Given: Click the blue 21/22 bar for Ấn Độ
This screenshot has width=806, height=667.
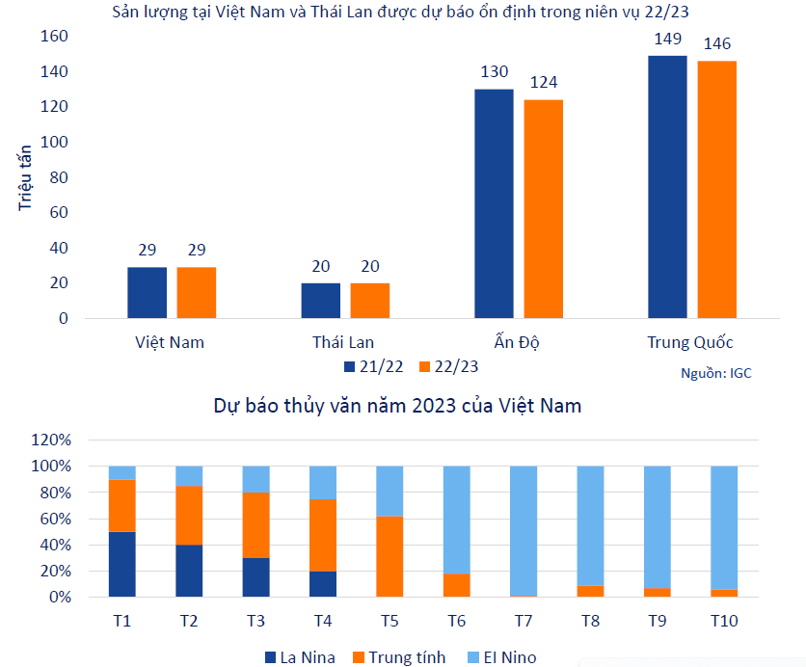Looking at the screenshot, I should pos(494,203).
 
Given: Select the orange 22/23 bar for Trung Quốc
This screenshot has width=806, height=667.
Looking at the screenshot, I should pos(716,189).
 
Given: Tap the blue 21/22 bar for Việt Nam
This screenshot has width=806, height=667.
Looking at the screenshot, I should pos(147,292).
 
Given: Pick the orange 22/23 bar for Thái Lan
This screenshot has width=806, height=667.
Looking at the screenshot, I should pos(370,300).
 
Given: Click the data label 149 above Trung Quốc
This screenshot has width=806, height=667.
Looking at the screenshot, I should pos(667,40).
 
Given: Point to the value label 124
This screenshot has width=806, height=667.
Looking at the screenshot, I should pos(543,83).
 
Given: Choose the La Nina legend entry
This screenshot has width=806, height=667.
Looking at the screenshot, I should pos(300,657).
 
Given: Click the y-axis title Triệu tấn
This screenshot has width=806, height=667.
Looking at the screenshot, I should pos(25,177).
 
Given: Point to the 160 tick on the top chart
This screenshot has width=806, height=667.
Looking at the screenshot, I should pos(54,37).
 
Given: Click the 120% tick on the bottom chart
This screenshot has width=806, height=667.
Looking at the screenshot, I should pos(51,440).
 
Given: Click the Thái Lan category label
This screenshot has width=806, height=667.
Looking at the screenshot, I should pos(343,342).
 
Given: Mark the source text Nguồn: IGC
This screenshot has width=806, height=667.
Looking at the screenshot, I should pos(715,373).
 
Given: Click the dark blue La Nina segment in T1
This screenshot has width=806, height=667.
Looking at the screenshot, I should pos(122,564).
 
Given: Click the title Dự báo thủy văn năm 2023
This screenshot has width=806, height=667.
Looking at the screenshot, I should pos(397,406).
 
